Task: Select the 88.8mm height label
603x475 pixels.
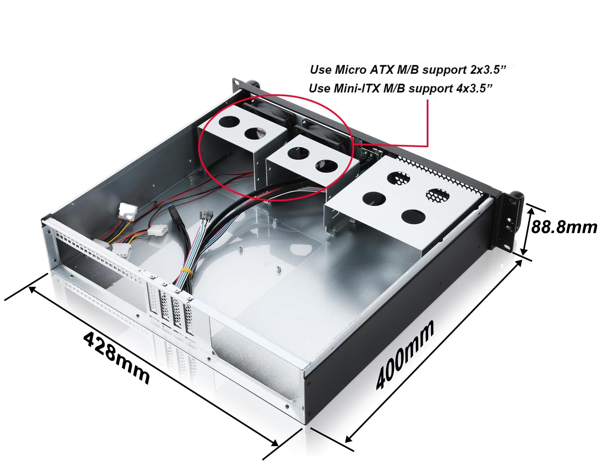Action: (564, 227)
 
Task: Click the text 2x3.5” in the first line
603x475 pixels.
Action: (488, 70)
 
